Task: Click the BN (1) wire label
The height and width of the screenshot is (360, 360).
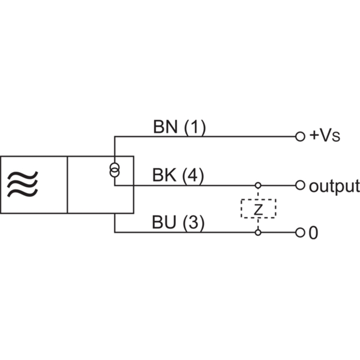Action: click(179, 127)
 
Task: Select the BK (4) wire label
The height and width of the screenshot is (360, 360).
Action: click(178, 175)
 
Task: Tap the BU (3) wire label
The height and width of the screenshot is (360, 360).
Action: click(178, 223)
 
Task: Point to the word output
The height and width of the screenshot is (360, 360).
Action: click(334, 185)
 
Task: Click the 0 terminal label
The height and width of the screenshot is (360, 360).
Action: click(314, 233)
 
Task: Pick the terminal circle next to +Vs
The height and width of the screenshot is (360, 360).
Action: click(300, 136)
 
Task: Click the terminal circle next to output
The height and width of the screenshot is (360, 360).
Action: click(300, 185)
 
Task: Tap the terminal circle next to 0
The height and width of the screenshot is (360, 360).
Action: click(300, 233)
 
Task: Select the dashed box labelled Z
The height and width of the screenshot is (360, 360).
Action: click(258, 209)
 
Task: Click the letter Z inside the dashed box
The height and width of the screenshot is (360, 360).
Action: click(258, 209)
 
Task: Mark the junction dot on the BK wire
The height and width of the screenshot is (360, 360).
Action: click(258, 185)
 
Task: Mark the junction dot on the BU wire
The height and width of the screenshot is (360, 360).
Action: click(258, 233)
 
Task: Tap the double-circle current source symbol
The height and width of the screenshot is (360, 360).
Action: click(114, 170)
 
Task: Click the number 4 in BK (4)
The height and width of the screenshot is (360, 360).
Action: click(193, 175)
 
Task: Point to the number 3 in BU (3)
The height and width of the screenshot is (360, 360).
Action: click(193, 223)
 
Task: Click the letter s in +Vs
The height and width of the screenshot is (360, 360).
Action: click(335, 137)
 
